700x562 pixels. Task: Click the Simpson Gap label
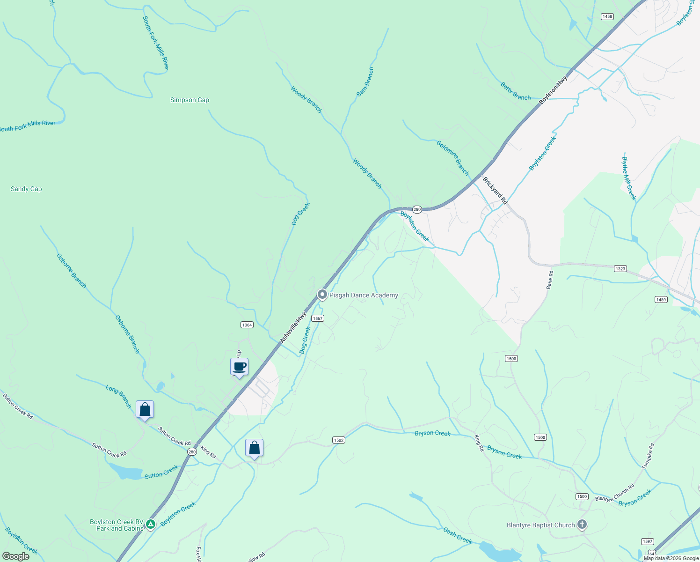coord(190,100)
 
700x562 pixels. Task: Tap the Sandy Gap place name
coord(26,189)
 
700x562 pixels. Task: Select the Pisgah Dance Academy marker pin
coord(322,295)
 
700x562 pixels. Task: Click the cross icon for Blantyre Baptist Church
coord(582,525)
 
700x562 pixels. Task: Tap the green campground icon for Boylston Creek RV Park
coord(150,525)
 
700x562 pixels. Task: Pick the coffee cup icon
coord(239,367)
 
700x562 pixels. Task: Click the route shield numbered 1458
coord(607,16)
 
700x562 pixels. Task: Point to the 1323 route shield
coord(620,268)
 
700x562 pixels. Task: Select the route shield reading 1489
coord(661,300)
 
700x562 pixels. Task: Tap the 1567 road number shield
coord(318,318)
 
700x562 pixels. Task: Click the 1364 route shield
coord(247,325)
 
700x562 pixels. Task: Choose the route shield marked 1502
coord(338,440)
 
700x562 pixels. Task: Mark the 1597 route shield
coord(647,541)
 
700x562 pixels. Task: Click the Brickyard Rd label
coord(495,190)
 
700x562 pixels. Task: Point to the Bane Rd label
coord(550,280)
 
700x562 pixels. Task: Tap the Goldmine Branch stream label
coord(452,158)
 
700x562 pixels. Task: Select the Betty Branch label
coord(516,91)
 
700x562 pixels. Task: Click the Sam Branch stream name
coord(365,82)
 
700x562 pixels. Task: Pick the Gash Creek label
coord(458,535)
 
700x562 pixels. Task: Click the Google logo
coord(16,556)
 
